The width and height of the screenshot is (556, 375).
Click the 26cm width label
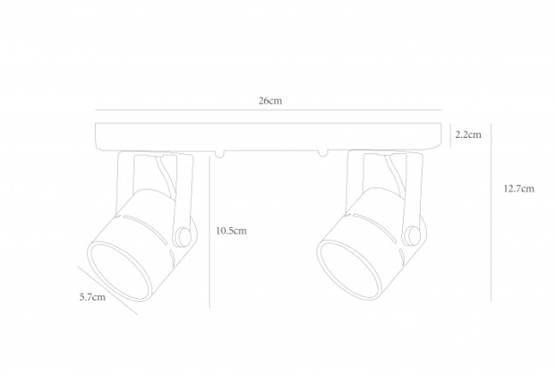pos(270,101)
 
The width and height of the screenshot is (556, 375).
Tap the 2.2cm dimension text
pos(468,134)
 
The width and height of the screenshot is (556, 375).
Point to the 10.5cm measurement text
pos(231,231)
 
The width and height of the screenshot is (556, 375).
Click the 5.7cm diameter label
pos(92,298)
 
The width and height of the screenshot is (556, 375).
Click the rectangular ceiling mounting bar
pos(270,135)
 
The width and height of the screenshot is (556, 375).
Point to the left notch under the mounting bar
pos(219,154)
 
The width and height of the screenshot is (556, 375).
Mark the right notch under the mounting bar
pos(322,154)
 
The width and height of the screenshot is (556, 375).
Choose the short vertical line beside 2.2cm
pos(451,135)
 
